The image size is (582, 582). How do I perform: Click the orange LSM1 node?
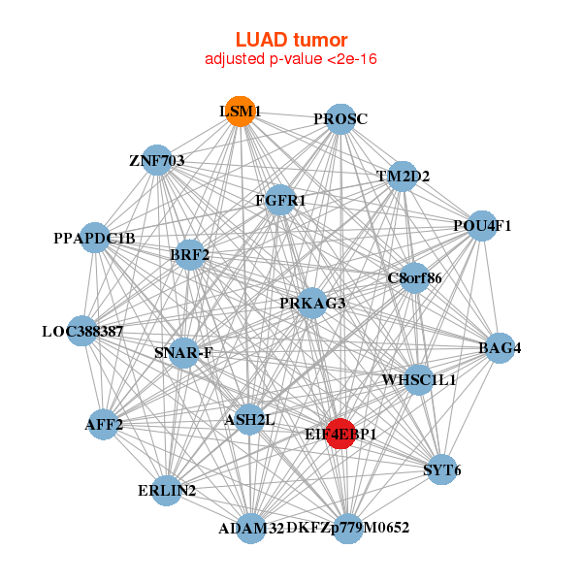coord(240,112)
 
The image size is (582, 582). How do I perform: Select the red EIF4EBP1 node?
coord(339,434)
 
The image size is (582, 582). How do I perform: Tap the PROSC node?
coord(339,119)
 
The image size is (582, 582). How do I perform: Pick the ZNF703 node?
coord(157,160)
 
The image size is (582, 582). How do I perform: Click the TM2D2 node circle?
coord(403,177)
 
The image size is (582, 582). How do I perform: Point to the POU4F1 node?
coord(482,226)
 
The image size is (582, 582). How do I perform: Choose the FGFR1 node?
coord(280,201)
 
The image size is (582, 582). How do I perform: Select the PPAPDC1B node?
coord(95,238)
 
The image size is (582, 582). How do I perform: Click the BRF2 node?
coord(189,255)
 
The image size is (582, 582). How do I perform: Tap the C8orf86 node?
coord(414,278)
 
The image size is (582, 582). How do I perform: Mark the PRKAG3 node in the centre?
coord(312,304)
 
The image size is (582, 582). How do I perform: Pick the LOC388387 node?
coord(82,331)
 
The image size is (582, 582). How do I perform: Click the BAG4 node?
coord(500,347)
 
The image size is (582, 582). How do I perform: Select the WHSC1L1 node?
coord(419,379)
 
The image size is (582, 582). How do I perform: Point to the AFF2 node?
coord(104,425)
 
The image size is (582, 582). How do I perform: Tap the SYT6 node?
coord(442,470)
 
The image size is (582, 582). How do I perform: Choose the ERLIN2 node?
coord(167,491)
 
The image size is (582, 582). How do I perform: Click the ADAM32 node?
coord(251,528)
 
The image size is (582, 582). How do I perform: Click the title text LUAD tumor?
coord(291,40)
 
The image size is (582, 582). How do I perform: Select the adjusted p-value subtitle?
coord(291,59)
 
